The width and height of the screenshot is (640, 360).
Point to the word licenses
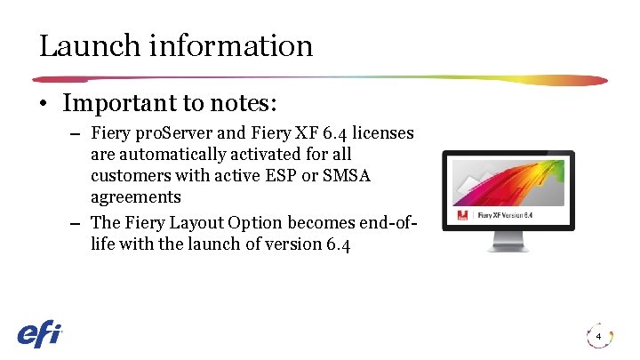(x=380, y=133)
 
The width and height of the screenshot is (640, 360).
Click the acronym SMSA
(x=347, y=175)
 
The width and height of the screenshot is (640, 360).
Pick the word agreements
(x=135, y=196)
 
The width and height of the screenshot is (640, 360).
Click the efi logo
(x=40, y=333)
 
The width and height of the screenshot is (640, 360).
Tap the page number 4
(x=599, y=337)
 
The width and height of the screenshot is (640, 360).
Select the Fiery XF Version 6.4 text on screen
(x=507, y=214)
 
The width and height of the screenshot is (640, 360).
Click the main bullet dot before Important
(x=44, y=105)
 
